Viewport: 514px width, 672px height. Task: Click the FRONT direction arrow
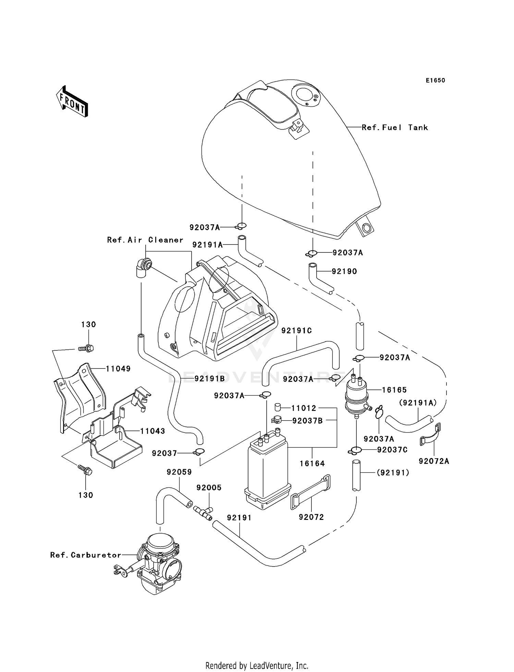[72, 102]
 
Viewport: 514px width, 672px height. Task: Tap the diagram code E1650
[435, 80]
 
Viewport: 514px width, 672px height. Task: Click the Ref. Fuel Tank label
[395, 127]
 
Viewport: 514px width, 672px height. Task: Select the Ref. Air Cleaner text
[145, 240]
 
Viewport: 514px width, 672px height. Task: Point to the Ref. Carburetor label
[86, 555]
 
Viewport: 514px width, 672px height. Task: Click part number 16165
[394, 390]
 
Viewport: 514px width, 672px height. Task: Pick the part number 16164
[312, 463]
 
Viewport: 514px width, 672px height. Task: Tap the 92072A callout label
[433, 461]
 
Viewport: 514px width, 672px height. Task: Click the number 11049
[118, 369]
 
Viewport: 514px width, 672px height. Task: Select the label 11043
[152, 431]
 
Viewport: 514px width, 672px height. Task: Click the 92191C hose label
[296, 331]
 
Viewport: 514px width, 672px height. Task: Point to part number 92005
[209, 487]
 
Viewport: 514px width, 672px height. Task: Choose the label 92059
[179, 472]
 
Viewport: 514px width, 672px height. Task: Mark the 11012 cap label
[304, 408]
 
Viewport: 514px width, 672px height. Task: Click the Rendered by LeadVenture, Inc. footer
[257, 665]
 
